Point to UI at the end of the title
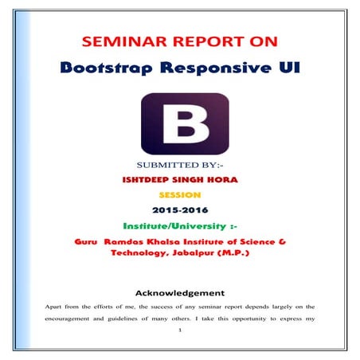coord(294,69)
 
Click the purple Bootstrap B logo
coord(183,127)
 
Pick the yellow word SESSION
coord(182,194)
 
